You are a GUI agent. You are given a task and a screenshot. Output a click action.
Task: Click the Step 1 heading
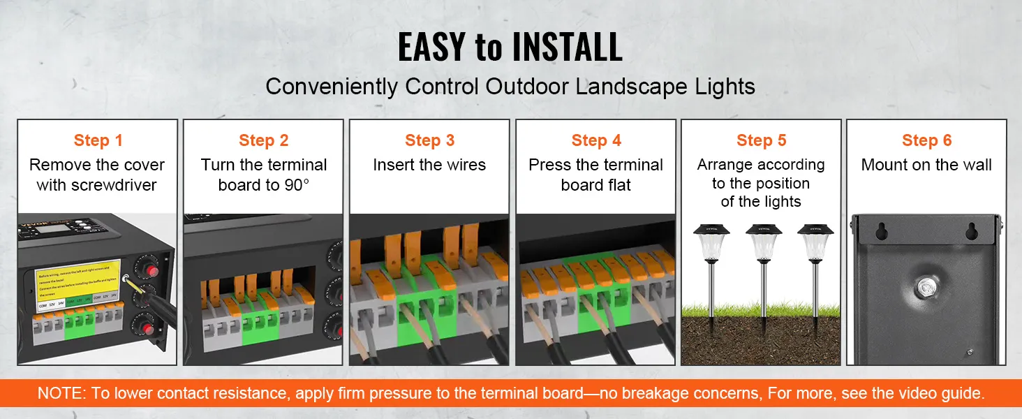click(x=98, y=140)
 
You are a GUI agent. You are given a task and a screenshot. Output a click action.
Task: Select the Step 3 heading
click(x=429, y=140)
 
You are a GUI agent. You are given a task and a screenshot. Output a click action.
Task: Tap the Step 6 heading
click(x=926, y=140)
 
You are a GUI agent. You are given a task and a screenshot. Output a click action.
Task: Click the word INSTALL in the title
click(x=567, y=47)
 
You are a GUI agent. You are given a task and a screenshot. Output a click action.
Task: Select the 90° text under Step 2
click(x=296, y=185)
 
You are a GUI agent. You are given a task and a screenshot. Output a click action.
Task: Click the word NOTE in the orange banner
click(x=61, y=393)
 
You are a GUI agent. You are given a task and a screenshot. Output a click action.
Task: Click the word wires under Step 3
click(x=466, y=166)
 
